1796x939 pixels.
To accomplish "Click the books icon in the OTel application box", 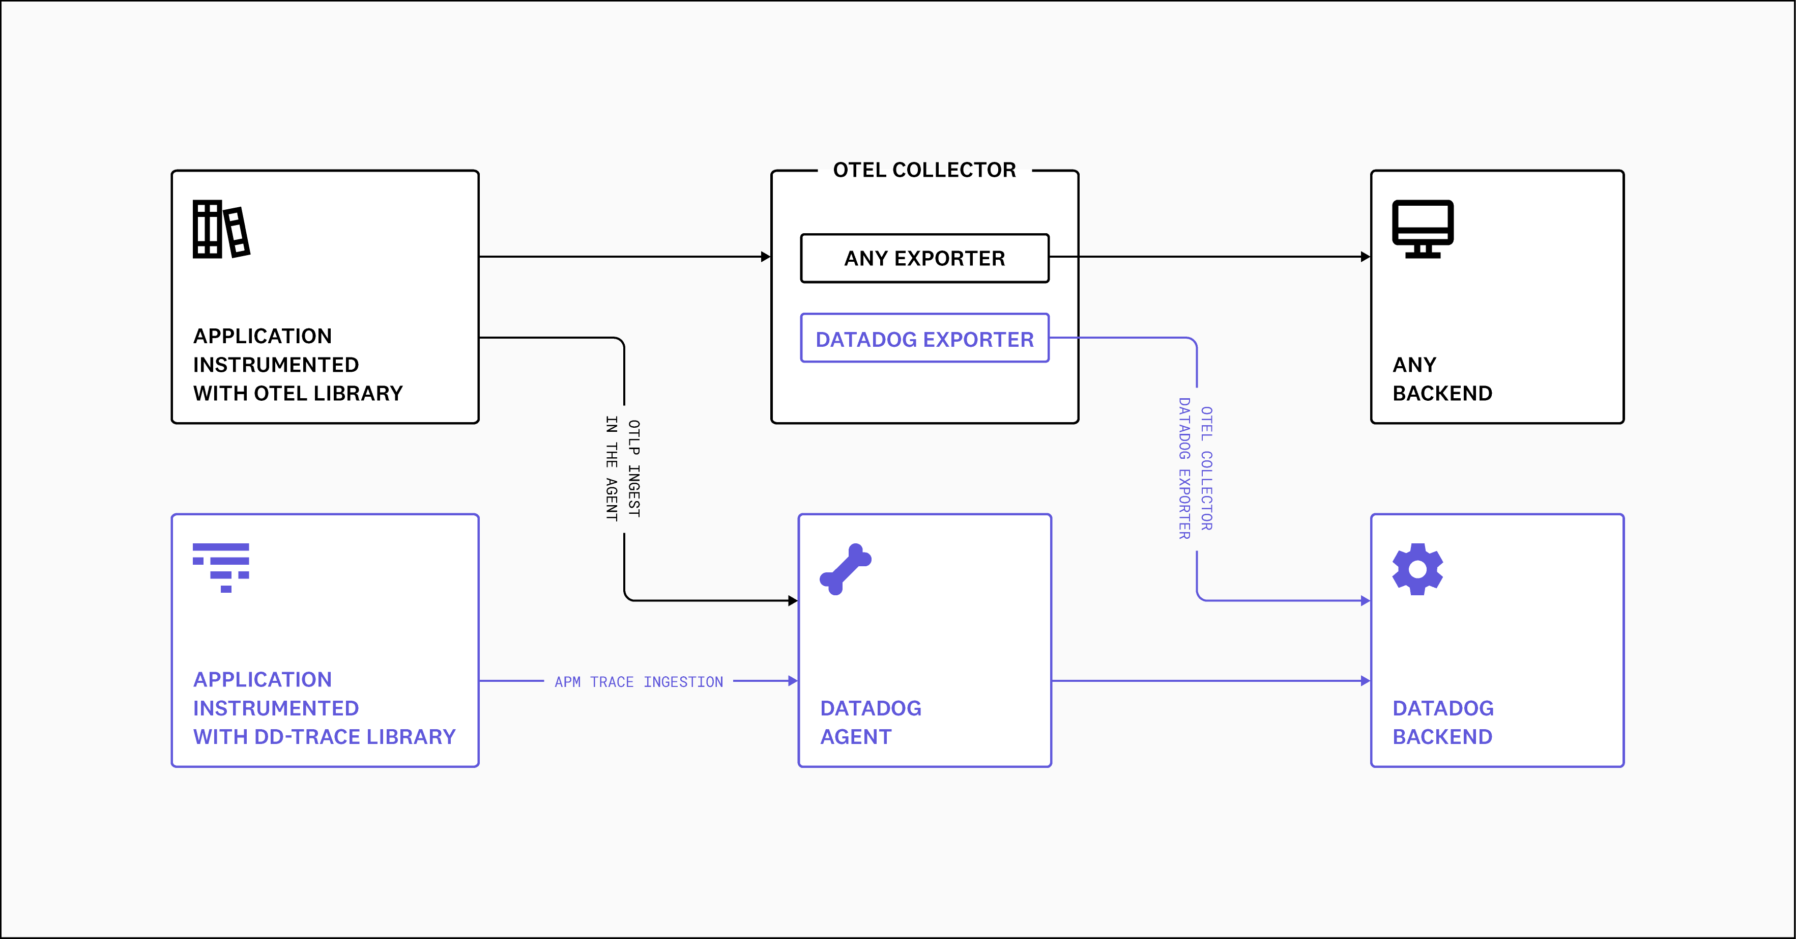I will [x=220, y=229].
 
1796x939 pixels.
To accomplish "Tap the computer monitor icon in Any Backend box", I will [x=1422, y=228].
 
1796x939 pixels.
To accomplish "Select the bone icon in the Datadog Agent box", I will [x=845, y=569].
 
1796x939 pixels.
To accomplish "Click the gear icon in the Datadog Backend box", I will [x=1417, y=569].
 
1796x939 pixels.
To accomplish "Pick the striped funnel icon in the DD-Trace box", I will [x=220, y=567].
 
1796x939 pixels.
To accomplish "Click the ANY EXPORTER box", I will [x=924, y=258].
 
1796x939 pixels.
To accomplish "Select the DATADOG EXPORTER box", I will [x=924, y=339].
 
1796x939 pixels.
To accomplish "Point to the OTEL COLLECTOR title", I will [x=924, y=170].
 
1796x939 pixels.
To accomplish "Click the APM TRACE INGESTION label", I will [x=639, y=681].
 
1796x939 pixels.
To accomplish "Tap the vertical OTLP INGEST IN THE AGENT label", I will [x=623, y=469].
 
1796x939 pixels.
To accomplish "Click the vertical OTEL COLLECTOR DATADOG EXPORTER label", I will [x=1196, y=469].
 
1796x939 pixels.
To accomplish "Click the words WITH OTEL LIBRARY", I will [x=298, y=394].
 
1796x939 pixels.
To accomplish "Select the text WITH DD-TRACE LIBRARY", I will [x=324, y=737].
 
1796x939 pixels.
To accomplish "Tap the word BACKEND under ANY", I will [x=1442, y=394].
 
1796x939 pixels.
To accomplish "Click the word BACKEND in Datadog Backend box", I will [x=1442, y=737].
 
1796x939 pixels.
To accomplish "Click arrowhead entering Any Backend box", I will [x=1365, y=257].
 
